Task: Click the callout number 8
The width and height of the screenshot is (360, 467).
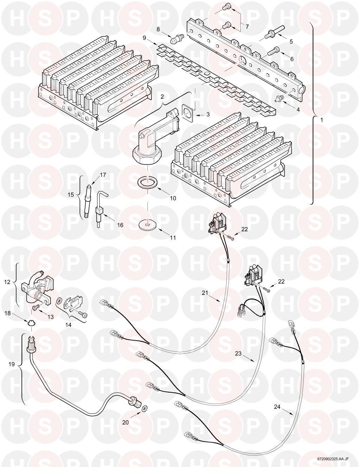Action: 158,29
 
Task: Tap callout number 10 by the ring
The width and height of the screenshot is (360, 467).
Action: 173,198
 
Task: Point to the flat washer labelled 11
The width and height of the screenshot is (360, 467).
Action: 147,225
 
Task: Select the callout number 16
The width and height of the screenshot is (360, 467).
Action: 120,225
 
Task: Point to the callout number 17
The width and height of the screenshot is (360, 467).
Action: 103,175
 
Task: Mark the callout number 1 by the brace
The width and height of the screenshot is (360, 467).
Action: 322,120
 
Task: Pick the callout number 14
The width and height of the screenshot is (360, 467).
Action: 69,325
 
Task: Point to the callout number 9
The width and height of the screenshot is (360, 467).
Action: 144,38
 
